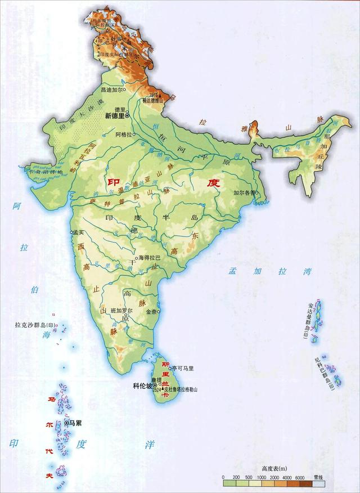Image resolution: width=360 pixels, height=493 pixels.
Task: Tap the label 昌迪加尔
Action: coord(111,89)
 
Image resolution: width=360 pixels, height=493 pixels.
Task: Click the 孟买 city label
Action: coord(78,232)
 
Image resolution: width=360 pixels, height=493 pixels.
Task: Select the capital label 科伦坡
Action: coord(142,386)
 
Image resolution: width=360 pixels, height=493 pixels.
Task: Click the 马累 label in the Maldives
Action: coord(75,422)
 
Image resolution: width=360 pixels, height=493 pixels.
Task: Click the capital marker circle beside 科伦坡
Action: coord(155,386)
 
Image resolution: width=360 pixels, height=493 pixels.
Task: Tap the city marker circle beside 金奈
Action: coord(160,311)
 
